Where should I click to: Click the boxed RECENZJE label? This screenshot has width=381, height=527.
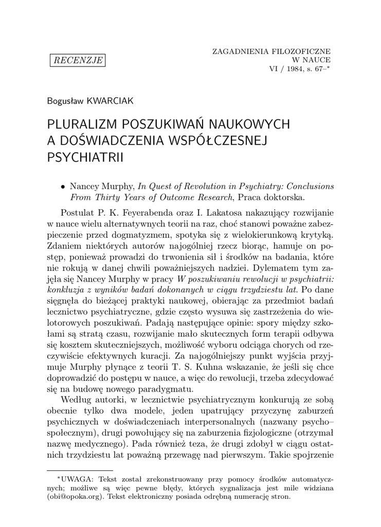pos(77,61)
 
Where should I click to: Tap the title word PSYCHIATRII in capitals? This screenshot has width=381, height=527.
pos(85,156)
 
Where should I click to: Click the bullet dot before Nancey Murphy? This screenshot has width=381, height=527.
pos(63,186)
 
